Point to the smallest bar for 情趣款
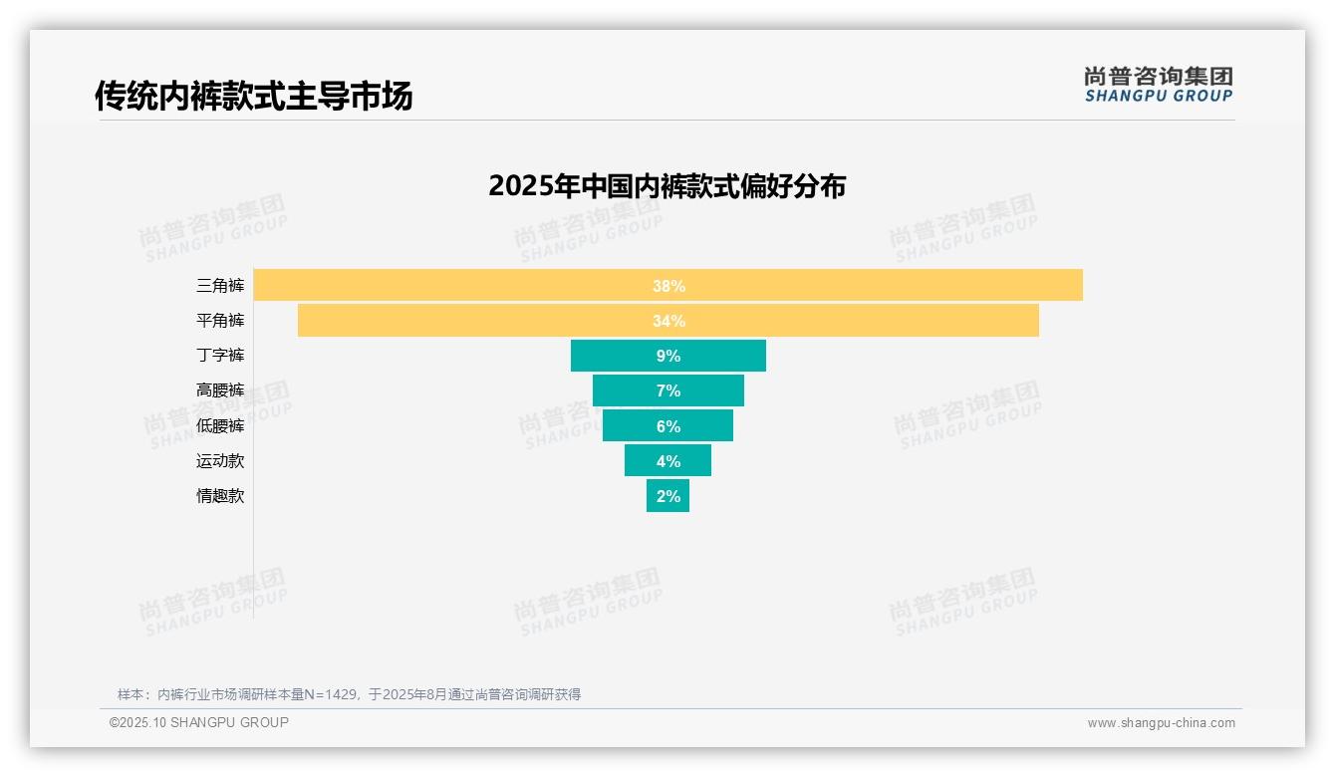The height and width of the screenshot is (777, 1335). tap(667, 496)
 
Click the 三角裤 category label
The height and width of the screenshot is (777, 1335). tap(220, 286)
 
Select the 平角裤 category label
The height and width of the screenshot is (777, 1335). tap(220, 321)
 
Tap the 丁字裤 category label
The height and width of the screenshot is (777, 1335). tap(220, 356)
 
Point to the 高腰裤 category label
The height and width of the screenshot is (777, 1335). tap(220, 390)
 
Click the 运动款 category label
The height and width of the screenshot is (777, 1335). tap(220, 461)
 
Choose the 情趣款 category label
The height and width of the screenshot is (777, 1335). tap(220, 496)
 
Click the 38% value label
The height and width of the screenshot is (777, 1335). tap(668, 286)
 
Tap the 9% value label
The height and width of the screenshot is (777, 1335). tap(668, 356)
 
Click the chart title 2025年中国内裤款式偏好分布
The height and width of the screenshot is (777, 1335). tap(667, 186)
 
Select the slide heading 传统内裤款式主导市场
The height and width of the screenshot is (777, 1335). tap(253, 97)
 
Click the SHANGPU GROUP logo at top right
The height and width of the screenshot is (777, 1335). tap(1159, 84)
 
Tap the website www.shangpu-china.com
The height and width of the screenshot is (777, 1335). tap(1161, 723)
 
